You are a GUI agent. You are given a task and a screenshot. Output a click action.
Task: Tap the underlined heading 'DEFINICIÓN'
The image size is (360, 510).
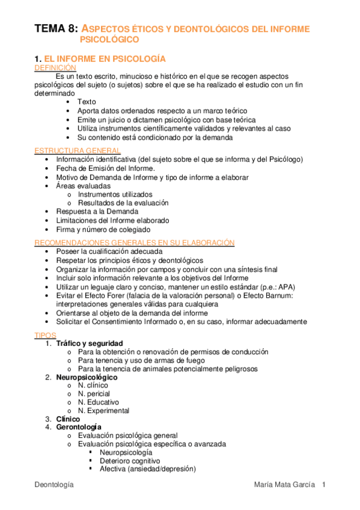click(55, 69)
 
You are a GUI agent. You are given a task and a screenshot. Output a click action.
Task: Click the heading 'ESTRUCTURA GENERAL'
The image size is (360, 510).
click(78, 150)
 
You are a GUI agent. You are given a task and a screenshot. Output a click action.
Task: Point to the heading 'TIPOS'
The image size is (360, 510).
click(45, 334)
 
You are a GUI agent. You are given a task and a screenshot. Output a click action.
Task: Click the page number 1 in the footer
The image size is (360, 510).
click(323, 485)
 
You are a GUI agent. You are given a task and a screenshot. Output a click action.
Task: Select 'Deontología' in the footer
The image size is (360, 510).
click(54, 485)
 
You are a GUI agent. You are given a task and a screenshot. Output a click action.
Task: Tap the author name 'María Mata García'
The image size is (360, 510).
click(284, 485)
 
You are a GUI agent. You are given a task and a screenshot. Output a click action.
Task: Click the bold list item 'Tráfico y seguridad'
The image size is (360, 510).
click(89, 343)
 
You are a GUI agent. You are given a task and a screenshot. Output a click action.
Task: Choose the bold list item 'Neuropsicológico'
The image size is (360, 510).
click(87, 377)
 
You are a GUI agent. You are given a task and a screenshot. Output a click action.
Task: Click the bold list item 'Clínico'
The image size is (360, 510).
click(68, 419)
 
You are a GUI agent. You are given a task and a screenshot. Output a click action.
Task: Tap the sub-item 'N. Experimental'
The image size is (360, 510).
click(103, 411)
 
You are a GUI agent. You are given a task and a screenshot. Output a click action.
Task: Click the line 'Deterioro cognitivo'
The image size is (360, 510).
click(130, 461)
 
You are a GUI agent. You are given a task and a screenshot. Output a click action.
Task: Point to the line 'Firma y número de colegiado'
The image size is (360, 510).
click(103, 230)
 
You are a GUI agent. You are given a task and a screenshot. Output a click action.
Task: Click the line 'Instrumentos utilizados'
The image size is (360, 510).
click(115, 195)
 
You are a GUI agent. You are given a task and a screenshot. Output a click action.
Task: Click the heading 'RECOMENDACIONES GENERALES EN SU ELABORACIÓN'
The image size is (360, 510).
click(135, 243)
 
